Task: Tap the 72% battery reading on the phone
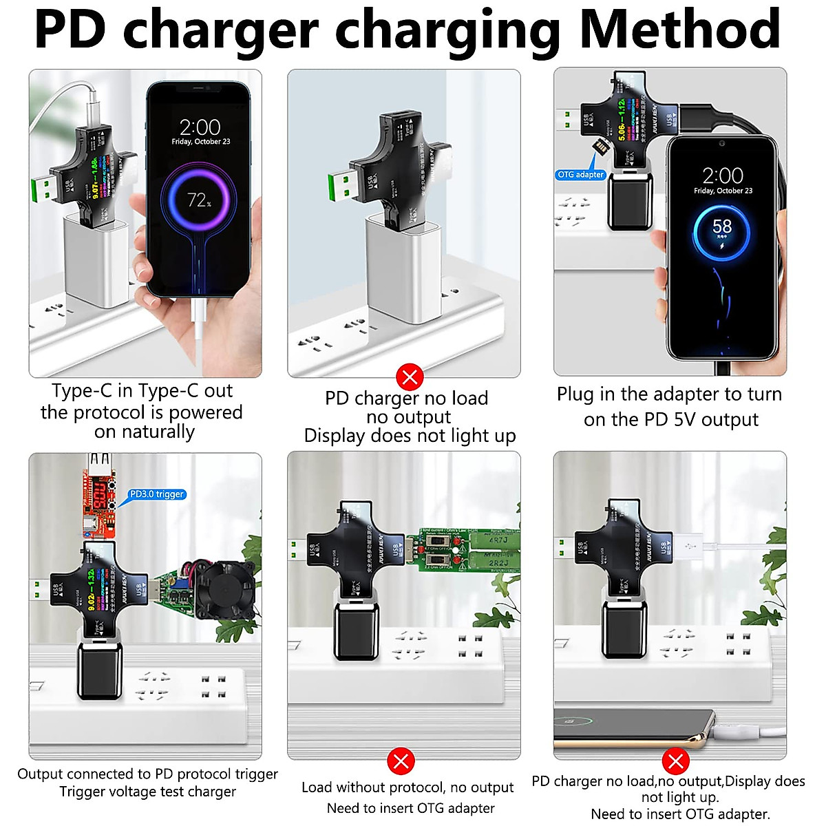pyautogui.click(x=199, y=200)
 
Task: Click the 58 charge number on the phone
pyautogui.click(x=721, y=227)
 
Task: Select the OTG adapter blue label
pyautogui.click(x=580, y=175)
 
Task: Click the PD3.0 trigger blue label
pyautogui.click(x=157, y=494)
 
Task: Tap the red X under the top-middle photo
pyautogui.click(x=410, y=377)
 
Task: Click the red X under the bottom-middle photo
pyautogui.click(x=401, y=761)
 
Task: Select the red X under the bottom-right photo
pyautogui.click(x=675, y=761)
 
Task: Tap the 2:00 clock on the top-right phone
pyautogui.click(x=722, y=176)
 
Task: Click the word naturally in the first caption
pyautogui.click(x=145, y=432)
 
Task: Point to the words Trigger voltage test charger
pyautogui.click(x=147, y=792)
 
